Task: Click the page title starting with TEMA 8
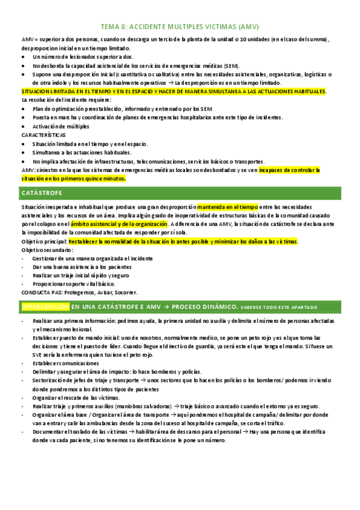tap(180, 27)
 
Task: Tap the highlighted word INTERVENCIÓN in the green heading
tap(45, 307)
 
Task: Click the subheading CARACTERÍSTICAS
tap(43, 135)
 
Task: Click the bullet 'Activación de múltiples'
tap(61, 127)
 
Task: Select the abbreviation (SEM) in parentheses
tap(229, 65)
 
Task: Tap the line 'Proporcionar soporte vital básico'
tap(82, 283)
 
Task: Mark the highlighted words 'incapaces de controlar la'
tap(289, 170)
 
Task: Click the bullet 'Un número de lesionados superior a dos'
tap(83, 57)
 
